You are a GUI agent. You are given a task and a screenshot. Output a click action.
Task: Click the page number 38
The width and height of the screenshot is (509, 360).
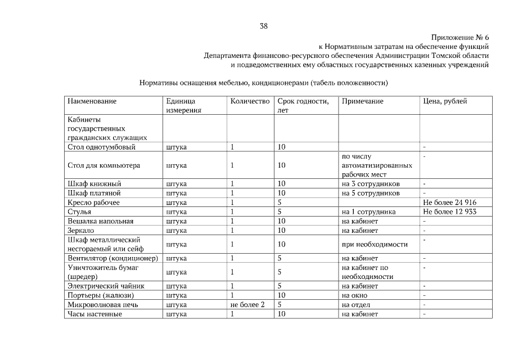pos(264,25)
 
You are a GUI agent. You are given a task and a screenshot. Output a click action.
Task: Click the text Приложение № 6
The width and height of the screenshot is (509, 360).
pos(460,37)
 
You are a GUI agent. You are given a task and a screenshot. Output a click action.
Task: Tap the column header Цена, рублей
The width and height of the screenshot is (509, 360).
pos(444,101)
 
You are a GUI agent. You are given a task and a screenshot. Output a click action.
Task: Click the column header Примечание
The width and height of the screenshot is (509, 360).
pos(362,101)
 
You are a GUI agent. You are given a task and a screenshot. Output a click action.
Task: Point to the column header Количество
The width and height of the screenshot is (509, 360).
pos(250,101)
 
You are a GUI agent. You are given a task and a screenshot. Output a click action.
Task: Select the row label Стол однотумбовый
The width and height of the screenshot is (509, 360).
pos(101,147)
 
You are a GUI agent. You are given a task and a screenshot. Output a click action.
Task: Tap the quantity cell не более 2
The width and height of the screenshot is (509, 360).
pos(247,305)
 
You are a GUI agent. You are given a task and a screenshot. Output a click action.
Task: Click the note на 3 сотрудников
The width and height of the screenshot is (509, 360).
pos(371,184)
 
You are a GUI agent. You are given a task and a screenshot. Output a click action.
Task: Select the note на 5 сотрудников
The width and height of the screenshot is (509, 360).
pos(371,193)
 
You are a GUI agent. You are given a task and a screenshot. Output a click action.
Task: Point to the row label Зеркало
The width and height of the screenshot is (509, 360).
pos(80,231)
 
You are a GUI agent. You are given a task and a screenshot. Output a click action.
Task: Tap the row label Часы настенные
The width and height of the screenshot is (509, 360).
pos(94,314)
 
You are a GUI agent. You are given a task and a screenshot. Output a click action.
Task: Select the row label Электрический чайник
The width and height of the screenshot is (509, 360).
pos(106,286)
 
